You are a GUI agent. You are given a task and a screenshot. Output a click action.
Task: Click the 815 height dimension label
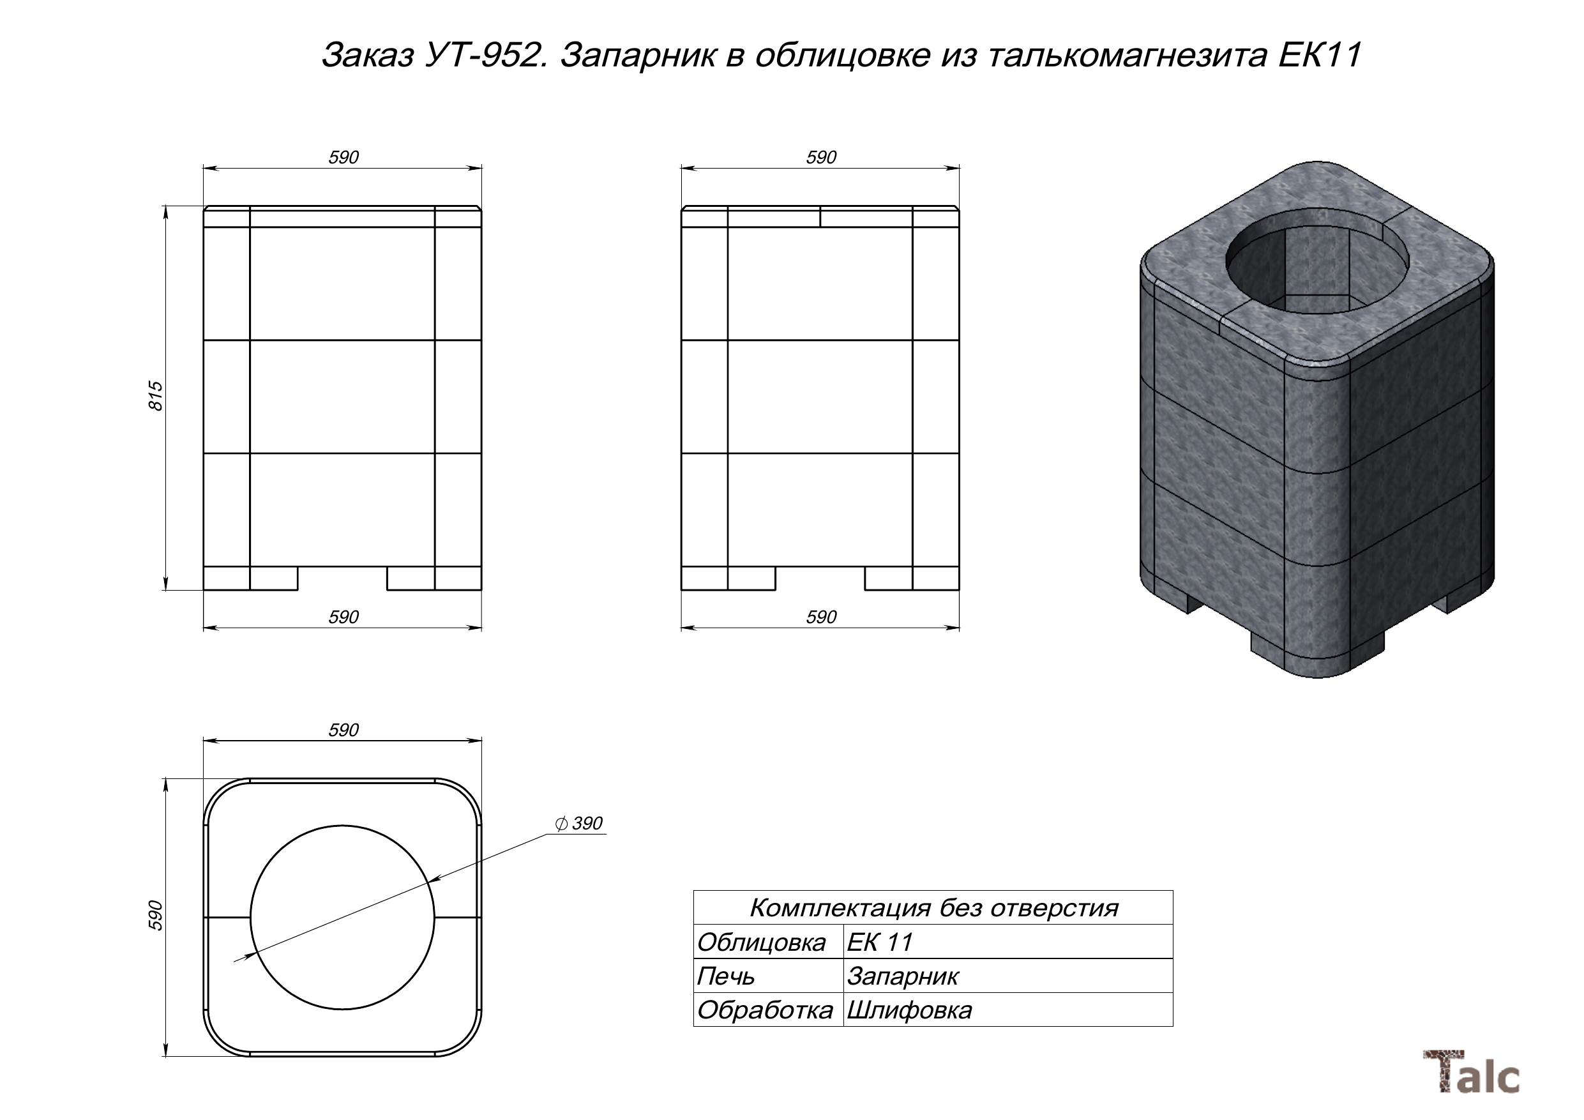tap(156, 396)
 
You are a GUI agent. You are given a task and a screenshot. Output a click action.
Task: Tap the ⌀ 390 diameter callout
tap(579, 823)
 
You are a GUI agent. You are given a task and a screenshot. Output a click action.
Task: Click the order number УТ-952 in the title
tap(486, 56)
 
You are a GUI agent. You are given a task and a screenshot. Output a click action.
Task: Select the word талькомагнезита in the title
tap(1129, 56)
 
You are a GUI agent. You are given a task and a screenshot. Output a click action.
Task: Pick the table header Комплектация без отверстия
tap(933, 907)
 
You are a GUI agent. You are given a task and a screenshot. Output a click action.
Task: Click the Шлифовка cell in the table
tap(909, 1010)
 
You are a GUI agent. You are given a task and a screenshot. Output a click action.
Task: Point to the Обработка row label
tap(764, 1010)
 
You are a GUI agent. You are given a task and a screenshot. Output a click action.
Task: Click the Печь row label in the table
tap(726, 976)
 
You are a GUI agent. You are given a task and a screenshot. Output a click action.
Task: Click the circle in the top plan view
tap(342, 918)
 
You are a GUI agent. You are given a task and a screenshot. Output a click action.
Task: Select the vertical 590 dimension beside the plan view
tap(156, 915)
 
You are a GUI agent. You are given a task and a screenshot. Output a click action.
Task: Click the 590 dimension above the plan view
tap(343, 730)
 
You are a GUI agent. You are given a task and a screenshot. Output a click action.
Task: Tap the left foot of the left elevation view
tap(273, 579)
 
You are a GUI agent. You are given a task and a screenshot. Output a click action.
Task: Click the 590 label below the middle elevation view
tap(820, 617)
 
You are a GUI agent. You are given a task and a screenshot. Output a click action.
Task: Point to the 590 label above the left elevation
tap(343, 157)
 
